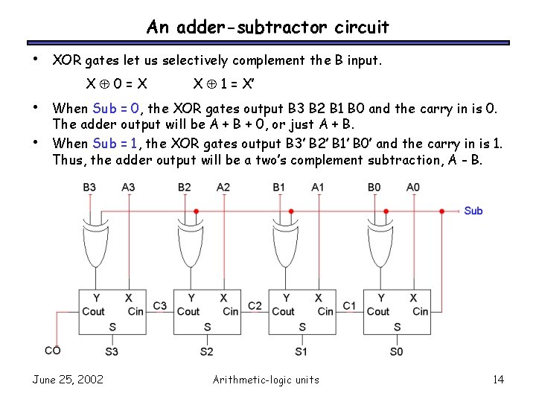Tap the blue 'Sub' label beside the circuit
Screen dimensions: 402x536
[x=473, y=211]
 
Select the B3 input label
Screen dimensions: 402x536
[x=89, y=187]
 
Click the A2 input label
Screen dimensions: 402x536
[x=223, y=187]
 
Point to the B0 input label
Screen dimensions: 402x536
[x=374, y=187]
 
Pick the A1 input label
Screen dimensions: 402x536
[x=319, y=187]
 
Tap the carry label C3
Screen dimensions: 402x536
[x=159, y=305]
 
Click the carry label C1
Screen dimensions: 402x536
[x=349, y=305]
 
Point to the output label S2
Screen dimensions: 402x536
[x=207, y=351]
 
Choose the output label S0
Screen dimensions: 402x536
[x=397, y=351]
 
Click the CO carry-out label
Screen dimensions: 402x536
[x=53, y=350]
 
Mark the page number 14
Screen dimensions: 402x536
[x=498, y=380]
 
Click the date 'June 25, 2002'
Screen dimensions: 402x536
[x=68, y=380]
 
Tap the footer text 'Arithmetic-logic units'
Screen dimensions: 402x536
[x=266, y=380]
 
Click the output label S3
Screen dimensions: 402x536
[x=112, y=351]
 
